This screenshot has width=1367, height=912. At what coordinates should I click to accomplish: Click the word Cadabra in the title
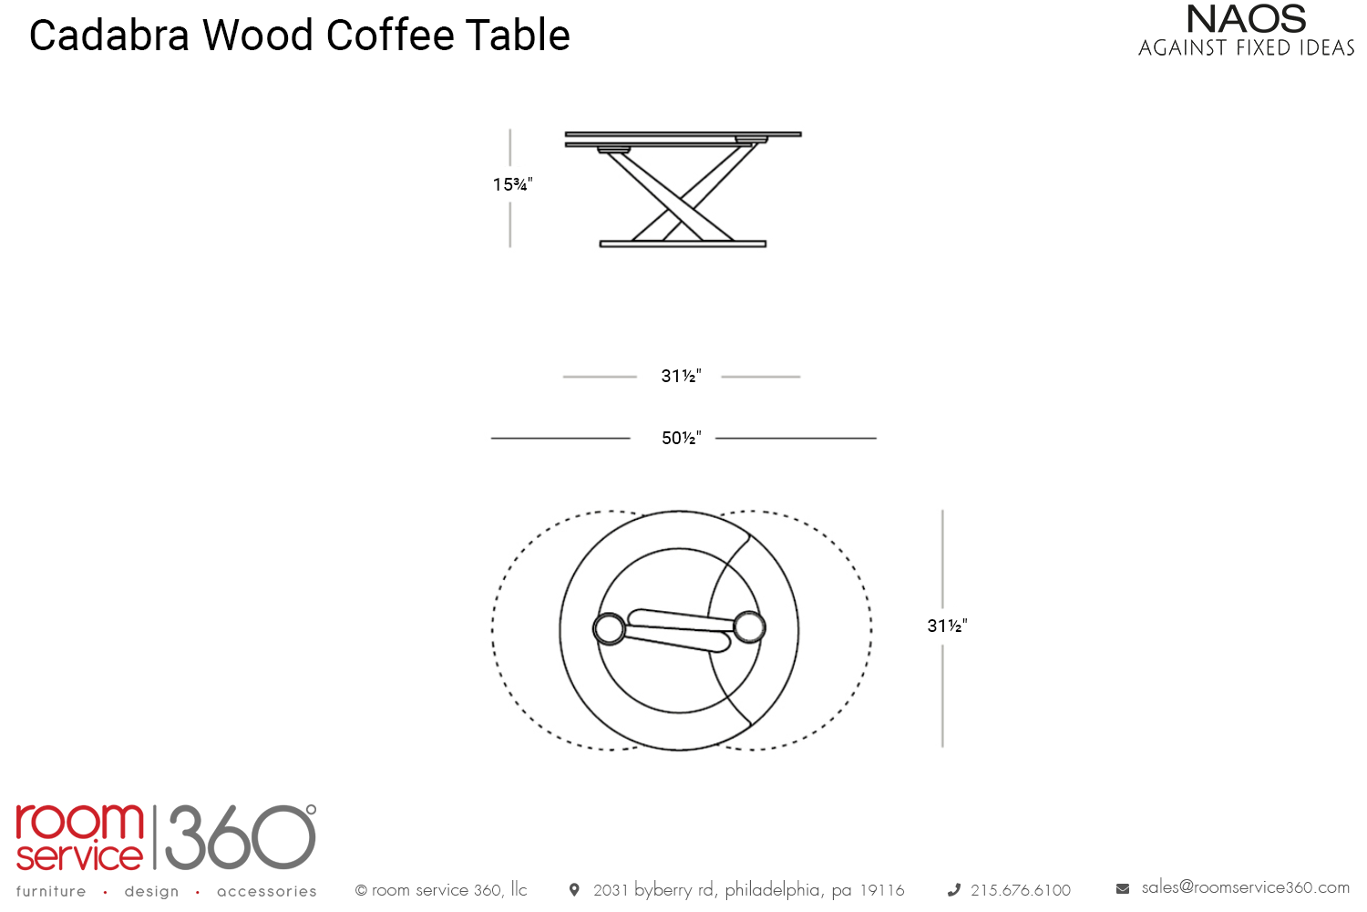[x=109, y=36]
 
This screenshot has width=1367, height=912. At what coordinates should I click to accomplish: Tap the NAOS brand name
[x=1246, y=19]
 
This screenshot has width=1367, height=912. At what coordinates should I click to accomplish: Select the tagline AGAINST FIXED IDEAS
[x=1246, y=48]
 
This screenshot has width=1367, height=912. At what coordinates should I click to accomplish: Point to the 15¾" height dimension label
[x=512, y=185]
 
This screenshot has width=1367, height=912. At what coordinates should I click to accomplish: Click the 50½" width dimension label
[x=681, y=439]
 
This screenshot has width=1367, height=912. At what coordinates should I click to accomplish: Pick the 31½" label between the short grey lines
[x=681, y=377]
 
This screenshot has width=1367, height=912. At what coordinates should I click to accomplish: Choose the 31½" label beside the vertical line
[x=947, y=627]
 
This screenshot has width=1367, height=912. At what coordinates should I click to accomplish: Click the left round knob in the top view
[x=609, y=628]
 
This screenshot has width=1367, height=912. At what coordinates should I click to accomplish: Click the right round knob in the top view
[x=749, y=627]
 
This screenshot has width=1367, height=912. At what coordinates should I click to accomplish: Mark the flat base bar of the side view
[x=683, y=244]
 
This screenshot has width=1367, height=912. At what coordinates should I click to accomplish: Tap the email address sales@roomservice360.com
[x=1245, y=887]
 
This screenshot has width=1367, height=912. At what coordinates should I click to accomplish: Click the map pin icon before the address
[x=574, y=889]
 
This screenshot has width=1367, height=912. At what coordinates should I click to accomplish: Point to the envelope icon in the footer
[x=1123, y=888]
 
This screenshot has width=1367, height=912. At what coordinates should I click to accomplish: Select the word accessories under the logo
[x=267, y=892]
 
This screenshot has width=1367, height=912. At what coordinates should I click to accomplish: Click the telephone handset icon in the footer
[x=954, y=890]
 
